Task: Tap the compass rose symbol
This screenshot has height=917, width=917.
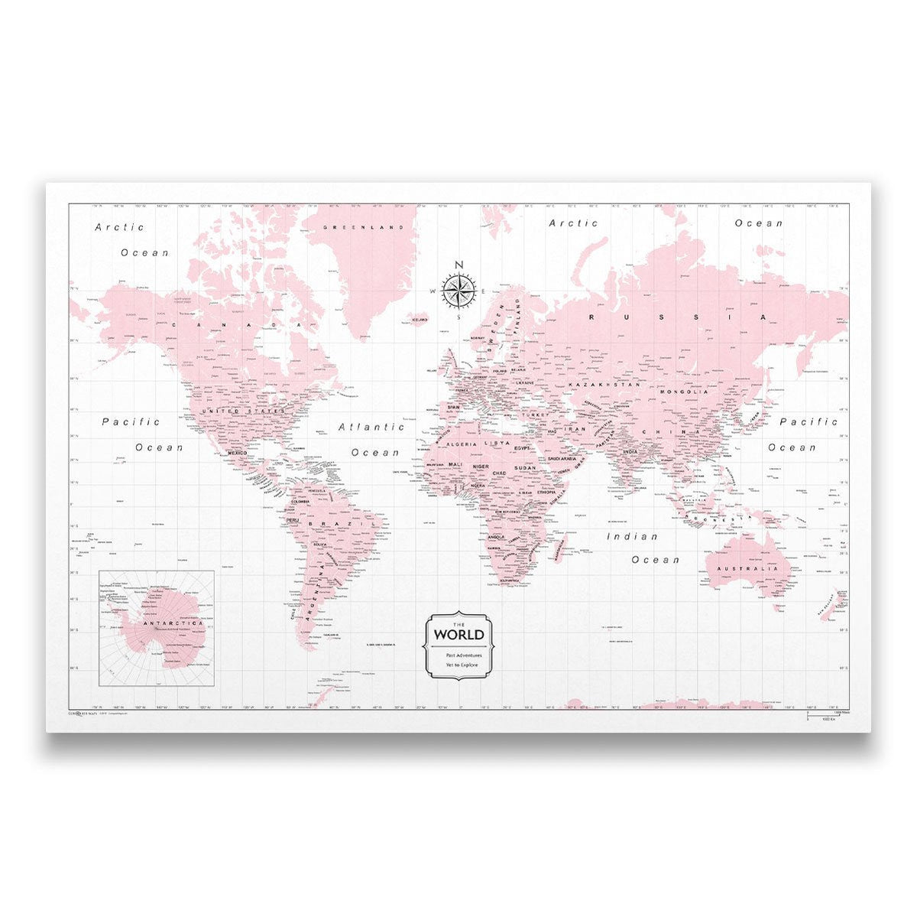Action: [458, 289]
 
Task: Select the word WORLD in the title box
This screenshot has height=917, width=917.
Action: [458, 634]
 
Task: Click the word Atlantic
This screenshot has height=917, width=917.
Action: [371, 428]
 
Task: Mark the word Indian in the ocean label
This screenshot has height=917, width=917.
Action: [632, 537]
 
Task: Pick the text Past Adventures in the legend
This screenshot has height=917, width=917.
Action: [458, 655]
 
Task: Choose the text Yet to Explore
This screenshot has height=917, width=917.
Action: [458, 665]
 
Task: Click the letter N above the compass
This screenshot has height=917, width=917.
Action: [458, 265]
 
